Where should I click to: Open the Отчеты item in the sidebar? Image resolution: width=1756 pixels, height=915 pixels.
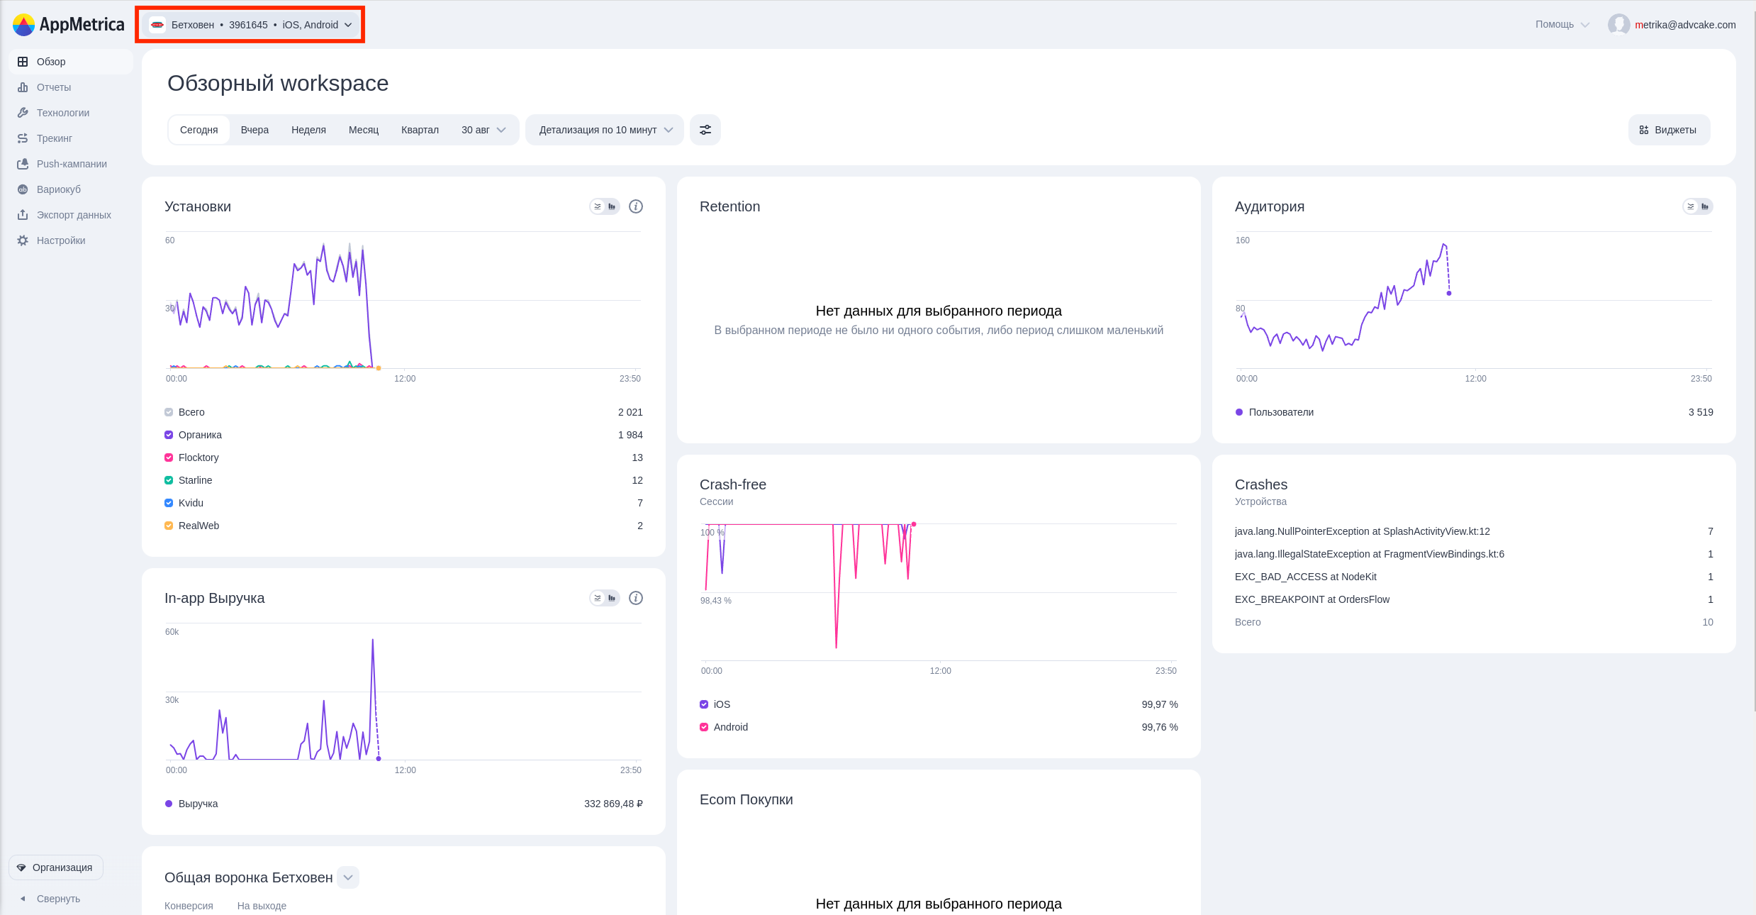(x=54, y=87)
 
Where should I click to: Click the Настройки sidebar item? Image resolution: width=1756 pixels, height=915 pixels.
(x=61, y=240)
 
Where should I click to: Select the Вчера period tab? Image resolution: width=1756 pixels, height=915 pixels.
(x=255, y=130)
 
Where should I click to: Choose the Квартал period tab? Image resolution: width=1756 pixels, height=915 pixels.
(x=420, y=130)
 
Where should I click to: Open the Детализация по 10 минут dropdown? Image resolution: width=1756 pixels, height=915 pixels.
(x=605, y=130)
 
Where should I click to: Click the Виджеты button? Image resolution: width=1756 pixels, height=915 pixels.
(x=1669, y=130)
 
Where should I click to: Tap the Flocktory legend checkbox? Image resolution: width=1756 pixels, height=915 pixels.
(x=169, y=457)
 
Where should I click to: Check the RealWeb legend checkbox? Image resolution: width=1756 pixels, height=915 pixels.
(x=169, y=526)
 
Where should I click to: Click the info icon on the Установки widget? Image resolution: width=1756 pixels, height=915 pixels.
(x=636, y=206)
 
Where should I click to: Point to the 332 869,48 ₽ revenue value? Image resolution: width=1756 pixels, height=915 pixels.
(x=613, y=804)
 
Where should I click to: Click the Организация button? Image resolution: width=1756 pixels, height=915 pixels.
(x=56, y=867)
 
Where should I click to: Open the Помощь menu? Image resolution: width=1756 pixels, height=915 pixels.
(x=1562, y=24)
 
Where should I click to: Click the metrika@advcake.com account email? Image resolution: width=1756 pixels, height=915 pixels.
(x=1685, y=25)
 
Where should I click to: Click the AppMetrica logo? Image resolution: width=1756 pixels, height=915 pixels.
(x=68, y=25)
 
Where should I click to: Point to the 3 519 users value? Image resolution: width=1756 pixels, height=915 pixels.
(x=1701, y=412)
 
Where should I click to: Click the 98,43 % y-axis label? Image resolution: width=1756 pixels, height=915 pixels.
(x=716, y=601)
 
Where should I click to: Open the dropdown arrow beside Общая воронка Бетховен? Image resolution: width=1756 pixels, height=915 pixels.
(x=348, y=877)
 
